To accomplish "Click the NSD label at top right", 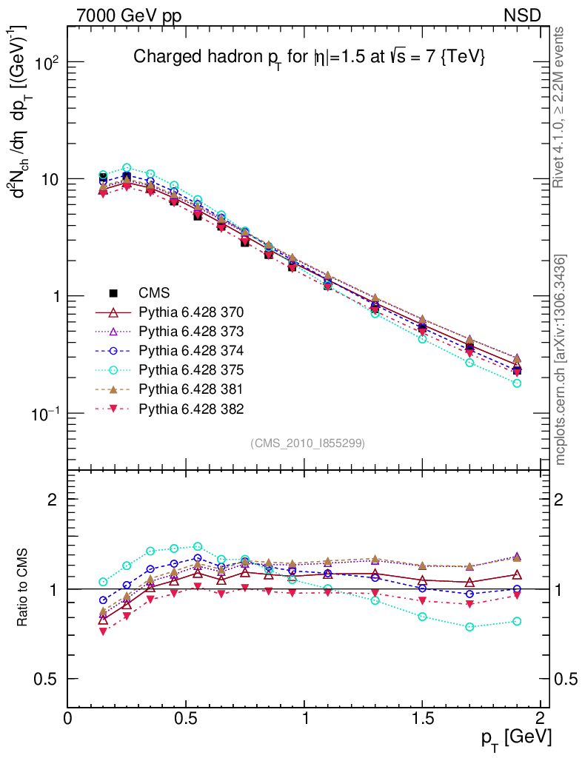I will tap(524, 15).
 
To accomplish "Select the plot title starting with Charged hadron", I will tap(309, 57).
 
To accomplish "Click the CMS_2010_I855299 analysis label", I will tap(308, 443).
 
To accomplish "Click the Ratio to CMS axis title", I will tap(24, 588).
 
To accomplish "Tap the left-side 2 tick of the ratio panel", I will tap(53, 499).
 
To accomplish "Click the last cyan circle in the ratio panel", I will tap(517, 621).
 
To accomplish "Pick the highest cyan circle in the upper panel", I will tap(127, 167).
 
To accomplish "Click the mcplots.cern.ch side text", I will tap(561, 359).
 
